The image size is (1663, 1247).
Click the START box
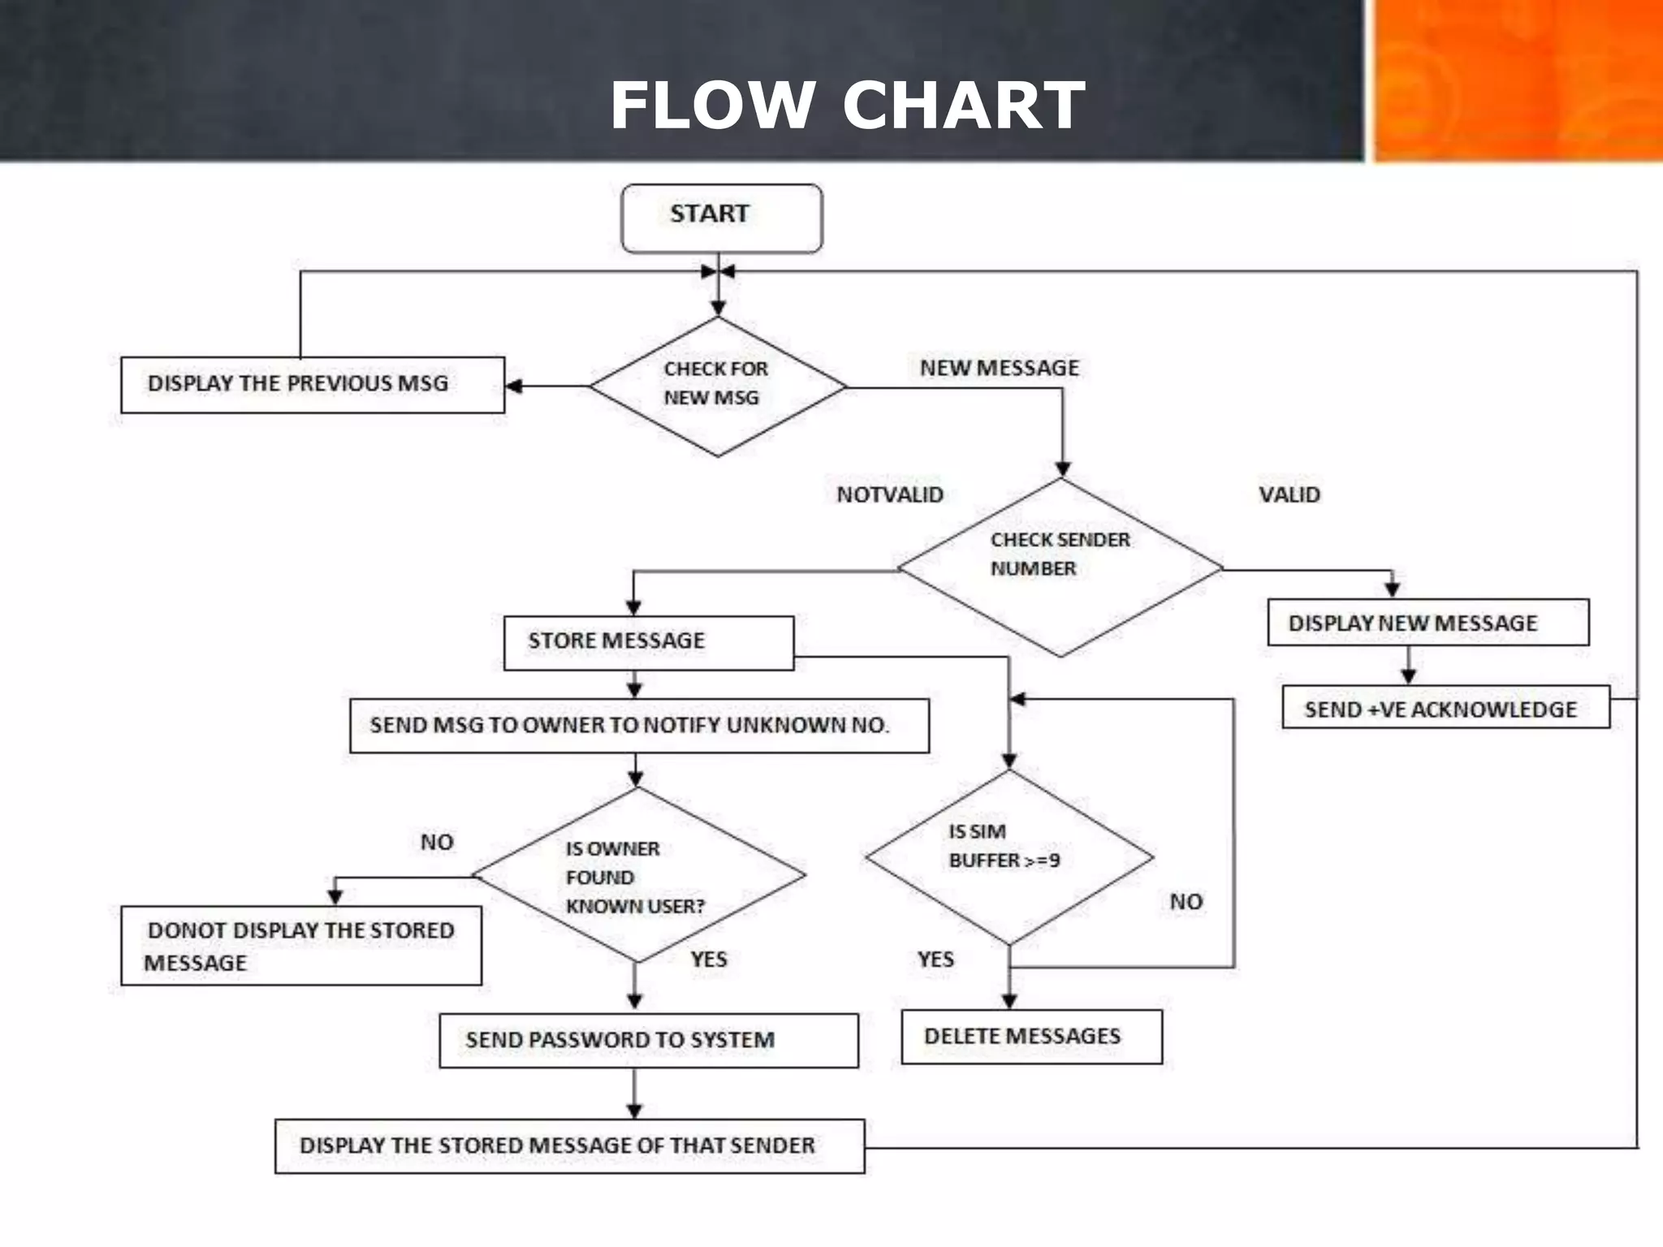click(721, 218)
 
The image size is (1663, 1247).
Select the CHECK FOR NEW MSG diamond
click(718, 386)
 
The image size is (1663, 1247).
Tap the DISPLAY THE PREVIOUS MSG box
click(313, 384)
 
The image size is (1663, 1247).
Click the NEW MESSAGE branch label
click(999, 368)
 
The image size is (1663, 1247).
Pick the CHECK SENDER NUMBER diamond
click(1060, 567)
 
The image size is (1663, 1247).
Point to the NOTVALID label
click(890, 494)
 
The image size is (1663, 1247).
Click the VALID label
click(1289, 494)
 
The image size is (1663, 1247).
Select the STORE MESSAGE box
click(648, 642)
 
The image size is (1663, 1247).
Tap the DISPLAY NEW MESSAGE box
click(1428, 623)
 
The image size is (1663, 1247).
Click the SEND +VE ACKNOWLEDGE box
click(1445, 708)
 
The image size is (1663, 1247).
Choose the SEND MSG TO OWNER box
click(639, 725)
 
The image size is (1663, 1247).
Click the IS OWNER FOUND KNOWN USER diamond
click(638, 876)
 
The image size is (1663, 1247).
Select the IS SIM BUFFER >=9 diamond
click(1009, 857)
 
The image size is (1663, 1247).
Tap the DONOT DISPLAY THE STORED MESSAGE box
click(300, 946)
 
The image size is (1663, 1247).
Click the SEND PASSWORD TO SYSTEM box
click(648, 1040)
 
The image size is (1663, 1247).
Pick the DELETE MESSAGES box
click(1031, 1037)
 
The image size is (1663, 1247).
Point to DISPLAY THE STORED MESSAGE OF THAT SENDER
click(569, 1146)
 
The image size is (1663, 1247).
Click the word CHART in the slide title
click(963, 106)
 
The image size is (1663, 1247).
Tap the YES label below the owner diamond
click(708, 959)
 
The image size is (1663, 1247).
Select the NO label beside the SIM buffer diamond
click(1186, 901)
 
